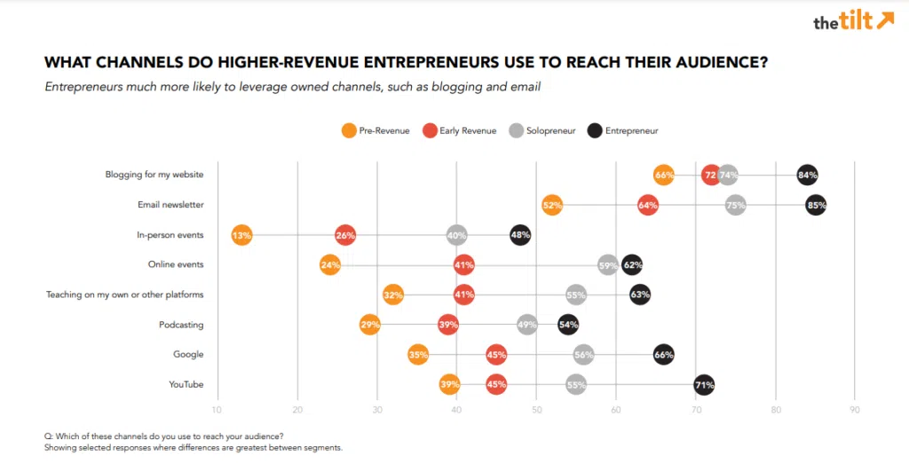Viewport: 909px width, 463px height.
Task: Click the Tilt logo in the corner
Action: tap(853, 22)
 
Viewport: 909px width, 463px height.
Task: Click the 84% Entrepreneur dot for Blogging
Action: tap(807, 175)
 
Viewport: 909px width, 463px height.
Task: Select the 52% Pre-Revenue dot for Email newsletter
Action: tap(552, 205)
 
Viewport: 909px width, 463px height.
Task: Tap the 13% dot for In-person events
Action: tap(241, 235)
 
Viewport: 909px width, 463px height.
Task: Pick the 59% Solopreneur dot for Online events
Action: tap(608, 264)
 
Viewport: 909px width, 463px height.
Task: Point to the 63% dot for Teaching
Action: tap(639, 294)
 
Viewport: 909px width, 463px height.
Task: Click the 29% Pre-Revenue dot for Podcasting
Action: tap(370, 325)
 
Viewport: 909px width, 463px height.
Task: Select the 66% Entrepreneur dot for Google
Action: tap(663, 355)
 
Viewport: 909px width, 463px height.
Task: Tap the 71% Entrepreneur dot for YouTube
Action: tap(704, 384)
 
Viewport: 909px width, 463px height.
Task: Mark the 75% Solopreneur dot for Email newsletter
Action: tap(735, 205)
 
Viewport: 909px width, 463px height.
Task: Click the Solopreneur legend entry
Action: tap(542, 130)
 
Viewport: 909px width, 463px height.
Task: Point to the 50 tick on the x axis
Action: tap(536, 410)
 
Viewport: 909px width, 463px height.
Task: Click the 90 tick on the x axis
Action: tap(854, 410)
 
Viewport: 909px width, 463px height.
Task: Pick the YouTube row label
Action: tap(186, 385)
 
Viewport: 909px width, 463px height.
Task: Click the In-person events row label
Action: tap(170, 235)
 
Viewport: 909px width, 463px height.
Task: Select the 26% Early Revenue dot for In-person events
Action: tap(345, 235)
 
